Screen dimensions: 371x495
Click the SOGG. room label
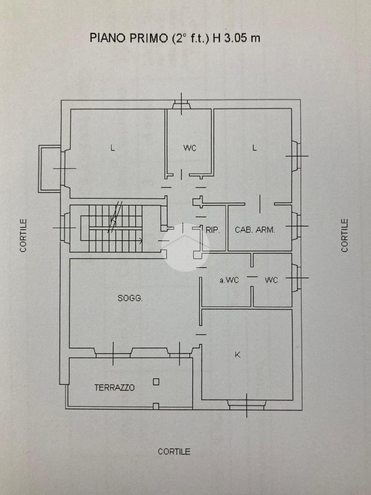click(130, 298)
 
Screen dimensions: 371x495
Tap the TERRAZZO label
click(114, 387)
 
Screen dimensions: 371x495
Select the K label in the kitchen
click(238, 355)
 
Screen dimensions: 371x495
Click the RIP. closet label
click(213, 230)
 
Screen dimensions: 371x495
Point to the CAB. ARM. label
click(255, 230)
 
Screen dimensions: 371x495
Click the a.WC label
click(229, 280)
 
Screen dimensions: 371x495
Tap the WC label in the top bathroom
click(190, 148)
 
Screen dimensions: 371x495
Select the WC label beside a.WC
click(271, 280)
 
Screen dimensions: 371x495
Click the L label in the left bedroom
click(113, 148)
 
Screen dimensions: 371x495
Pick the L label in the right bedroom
click(254, 148)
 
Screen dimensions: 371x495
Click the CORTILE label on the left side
click(23, 235)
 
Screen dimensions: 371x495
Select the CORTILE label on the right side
click(344, 235)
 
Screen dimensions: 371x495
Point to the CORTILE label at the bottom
click(174, 451)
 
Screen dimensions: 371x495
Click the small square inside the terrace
click(156, 382)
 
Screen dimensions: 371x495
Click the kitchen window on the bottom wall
click(247, 405)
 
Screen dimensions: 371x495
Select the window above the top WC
click(182, 104)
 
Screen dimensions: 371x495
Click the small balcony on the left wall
click(50, 169)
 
